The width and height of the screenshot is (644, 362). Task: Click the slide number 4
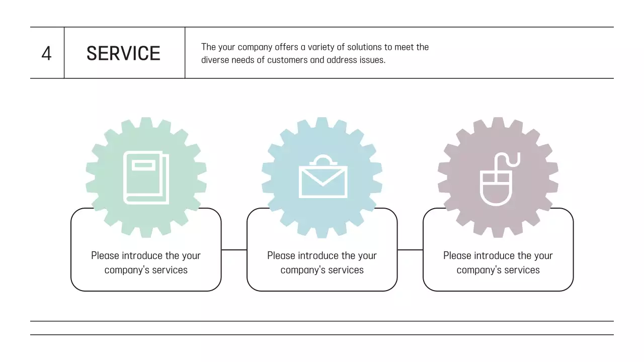point(46,53)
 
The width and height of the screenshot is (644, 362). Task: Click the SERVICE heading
point(123,53)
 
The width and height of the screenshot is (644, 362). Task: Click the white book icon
point(146,177)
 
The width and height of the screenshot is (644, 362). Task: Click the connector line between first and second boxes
point(234,249)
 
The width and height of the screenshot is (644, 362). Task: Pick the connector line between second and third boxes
point(410,249)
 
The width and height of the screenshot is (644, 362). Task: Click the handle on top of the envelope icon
point(323,160)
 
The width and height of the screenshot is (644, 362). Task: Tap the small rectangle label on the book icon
point(144,165)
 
